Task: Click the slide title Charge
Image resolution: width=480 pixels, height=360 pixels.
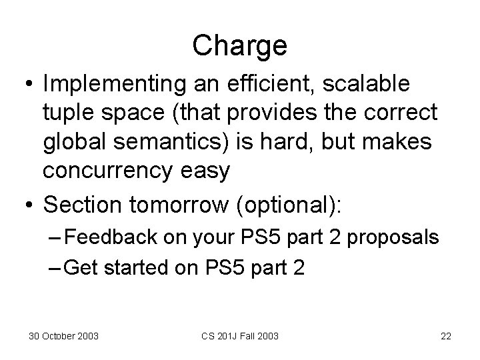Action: tap(239, 46)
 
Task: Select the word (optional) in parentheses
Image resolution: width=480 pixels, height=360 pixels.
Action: tap(288, 205)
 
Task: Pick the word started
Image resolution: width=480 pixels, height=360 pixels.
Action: tap(137, 267)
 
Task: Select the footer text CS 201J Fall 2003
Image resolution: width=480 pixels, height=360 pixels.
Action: tap(240, 336)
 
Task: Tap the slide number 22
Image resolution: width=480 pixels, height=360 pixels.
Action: tap(445, 336)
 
